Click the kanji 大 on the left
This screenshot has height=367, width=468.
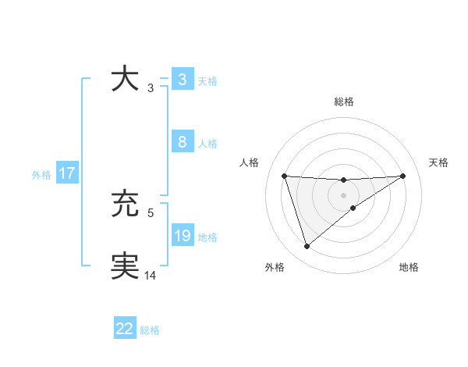(x=126, y=80)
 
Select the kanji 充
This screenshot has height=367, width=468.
(x=126, y=205)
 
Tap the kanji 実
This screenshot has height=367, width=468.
(x=126, y=266)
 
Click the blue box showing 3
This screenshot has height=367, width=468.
(x=182, y=80)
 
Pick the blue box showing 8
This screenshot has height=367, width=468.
(x=182, y=142)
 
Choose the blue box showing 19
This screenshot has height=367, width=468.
(x=182, y=236)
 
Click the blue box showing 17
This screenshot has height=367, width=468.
(x=67, y=173)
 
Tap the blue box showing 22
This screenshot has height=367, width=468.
(x=125, y=329)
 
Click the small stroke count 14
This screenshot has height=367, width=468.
(x=151, y=274)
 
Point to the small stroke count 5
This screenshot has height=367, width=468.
(x=151, y=212)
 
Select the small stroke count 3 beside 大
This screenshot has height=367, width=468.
(x=151, y=87)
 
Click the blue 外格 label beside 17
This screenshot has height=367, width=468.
(x=41, y=175)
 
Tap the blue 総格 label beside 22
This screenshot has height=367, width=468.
(x=150, y=330)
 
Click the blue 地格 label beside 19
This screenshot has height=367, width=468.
(x=207, y=237)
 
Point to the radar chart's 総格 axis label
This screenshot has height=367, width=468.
(x=343, y=102)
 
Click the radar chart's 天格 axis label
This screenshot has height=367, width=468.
(x=438, y=162)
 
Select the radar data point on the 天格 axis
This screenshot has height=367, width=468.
(x=402, y=176)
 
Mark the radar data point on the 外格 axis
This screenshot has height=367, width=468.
(x=307, y=247)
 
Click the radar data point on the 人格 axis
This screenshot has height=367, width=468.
(x=284, y=176)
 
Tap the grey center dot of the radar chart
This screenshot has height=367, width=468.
(x=343, y=194)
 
